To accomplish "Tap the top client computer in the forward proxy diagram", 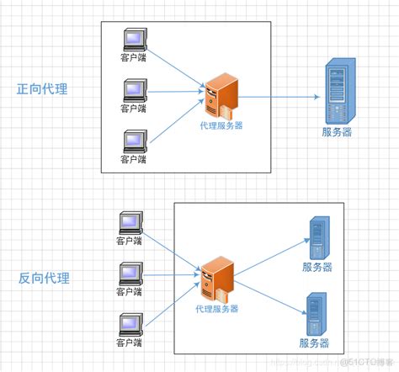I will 133,40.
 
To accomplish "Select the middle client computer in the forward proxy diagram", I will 133,89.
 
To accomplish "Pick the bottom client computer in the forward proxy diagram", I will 133,140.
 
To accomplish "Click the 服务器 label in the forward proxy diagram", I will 337,132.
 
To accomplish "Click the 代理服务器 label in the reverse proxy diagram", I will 217,310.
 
